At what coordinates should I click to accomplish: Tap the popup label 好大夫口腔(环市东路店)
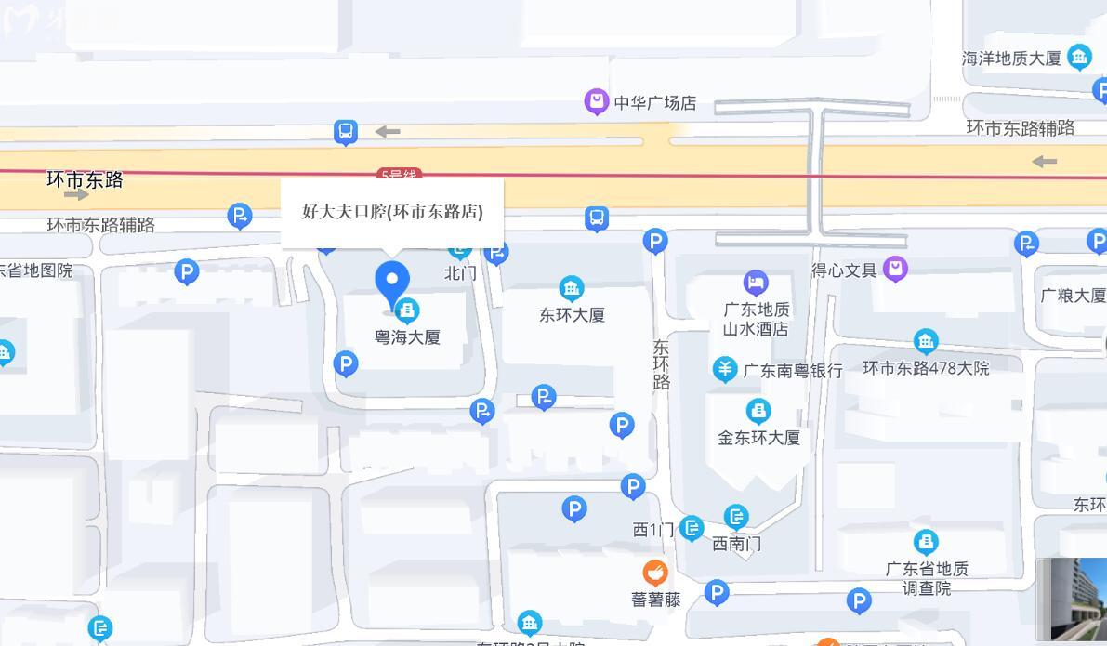tap(392, 212)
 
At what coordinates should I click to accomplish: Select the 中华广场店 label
tap(654, 103)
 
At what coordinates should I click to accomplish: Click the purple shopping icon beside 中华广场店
tap(596, 101)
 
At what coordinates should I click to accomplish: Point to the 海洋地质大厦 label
tap(1011, 59)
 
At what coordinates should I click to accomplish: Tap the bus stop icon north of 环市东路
tap(346, 132)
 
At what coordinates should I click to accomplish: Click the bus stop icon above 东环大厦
tap(597, 218)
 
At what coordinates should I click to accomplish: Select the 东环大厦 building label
tap(572, 315)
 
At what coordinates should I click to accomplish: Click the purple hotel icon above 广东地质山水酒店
tap(756, 283)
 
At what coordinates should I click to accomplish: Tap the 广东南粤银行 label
tap(793, 371)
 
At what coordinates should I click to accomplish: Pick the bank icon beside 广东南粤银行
tap(725, 369)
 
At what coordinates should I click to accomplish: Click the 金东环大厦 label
tap(758, 438)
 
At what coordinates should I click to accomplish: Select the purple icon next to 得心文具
tap(895, 270)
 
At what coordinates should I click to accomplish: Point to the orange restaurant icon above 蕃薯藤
tap(655, 573)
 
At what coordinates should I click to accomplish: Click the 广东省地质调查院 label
tap(927, 578)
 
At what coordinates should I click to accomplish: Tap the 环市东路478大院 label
tap(926, 369)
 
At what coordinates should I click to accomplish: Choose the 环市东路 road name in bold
tap(85, 180)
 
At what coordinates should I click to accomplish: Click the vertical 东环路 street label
tap(661, 364)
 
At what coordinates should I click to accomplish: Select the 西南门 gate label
tap(736, 544)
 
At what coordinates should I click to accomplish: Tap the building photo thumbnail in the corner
tap(1074, 600)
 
